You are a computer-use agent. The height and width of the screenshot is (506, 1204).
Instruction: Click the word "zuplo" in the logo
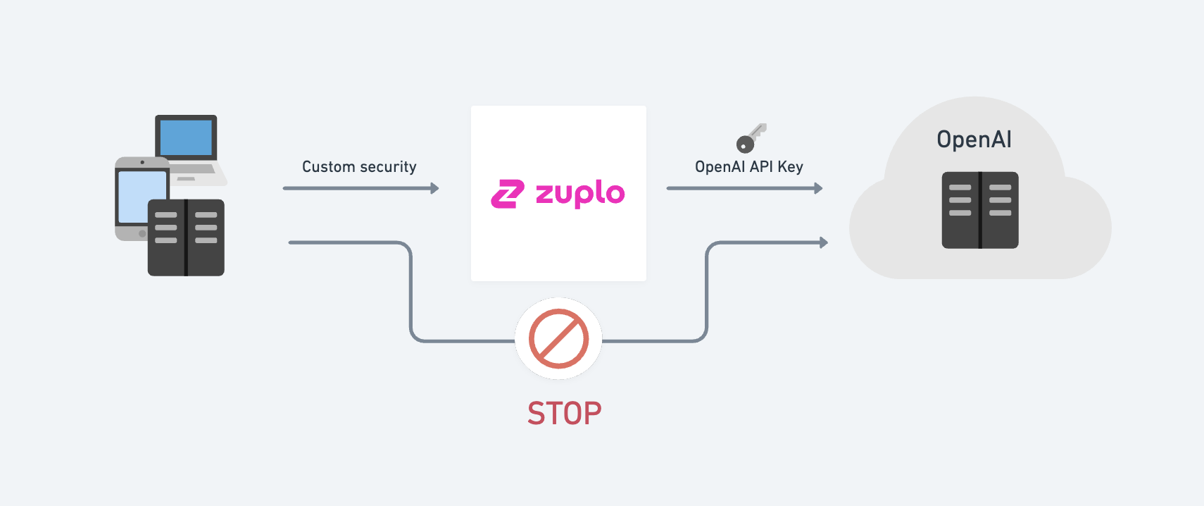580,193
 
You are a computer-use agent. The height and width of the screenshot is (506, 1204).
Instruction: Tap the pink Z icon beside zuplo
508,195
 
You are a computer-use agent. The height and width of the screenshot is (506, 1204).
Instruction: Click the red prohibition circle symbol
558,338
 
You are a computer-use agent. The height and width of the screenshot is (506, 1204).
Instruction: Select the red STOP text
564,414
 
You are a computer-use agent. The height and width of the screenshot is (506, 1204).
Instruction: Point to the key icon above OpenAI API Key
751,138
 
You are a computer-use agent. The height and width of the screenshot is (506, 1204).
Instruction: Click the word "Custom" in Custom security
328,167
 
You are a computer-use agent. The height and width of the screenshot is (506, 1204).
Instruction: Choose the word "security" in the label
388,167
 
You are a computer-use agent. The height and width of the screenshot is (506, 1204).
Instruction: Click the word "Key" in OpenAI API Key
790,167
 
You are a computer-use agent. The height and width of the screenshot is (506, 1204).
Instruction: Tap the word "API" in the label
761,167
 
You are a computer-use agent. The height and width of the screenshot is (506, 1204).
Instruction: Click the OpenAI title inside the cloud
974,140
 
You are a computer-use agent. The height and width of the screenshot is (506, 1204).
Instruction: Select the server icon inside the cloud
980,210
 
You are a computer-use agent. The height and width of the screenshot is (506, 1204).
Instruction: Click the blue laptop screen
186,137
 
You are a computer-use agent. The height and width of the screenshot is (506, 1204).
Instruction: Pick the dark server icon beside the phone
186,237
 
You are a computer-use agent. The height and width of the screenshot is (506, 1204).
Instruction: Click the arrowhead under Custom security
435,188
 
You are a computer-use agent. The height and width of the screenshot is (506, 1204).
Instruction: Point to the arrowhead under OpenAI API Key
818,188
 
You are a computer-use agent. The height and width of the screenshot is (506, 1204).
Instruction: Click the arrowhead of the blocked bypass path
824,242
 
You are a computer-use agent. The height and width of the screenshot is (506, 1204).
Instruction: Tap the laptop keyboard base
200,173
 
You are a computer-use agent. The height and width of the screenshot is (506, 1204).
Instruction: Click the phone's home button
142,233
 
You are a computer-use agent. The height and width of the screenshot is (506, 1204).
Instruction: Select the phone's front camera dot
142,162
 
